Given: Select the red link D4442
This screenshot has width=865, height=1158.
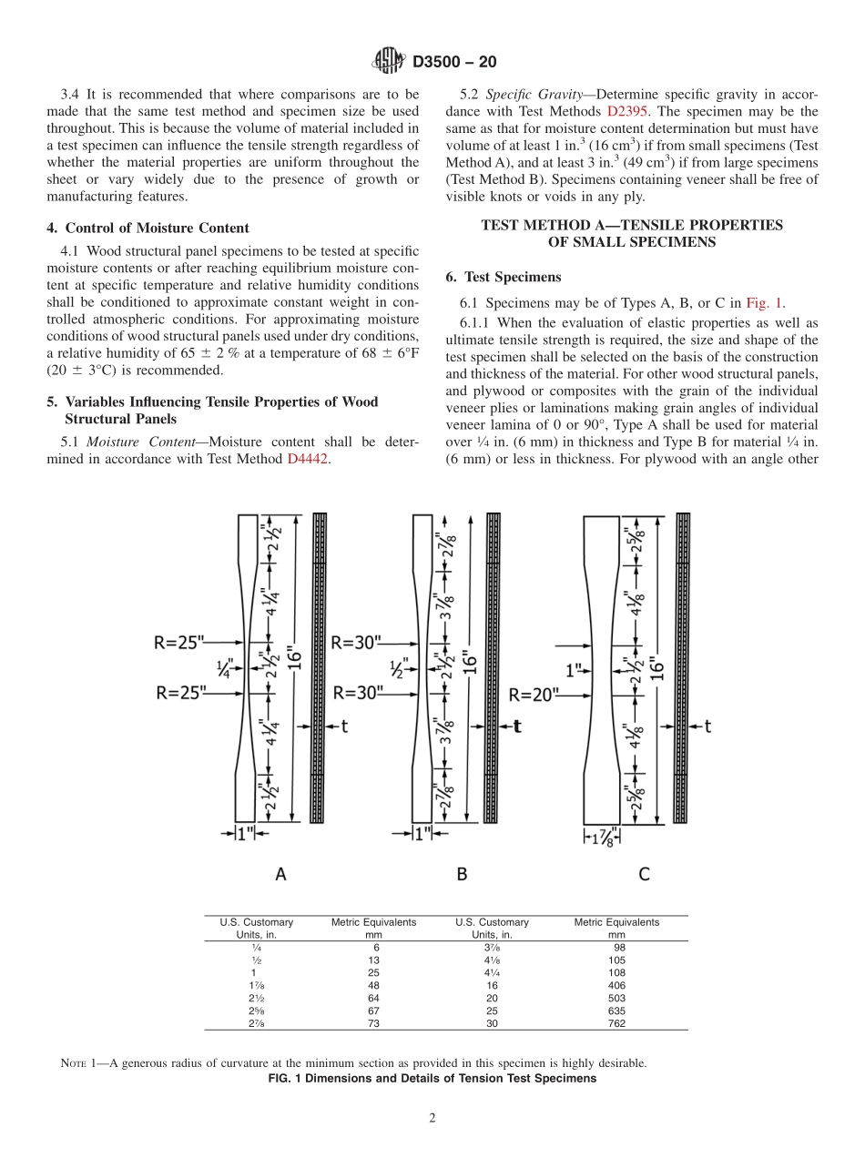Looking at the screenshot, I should (x=308, y=459).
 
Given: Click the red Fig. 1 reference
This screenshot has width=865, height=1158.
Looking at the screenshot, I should (x=765, y=303).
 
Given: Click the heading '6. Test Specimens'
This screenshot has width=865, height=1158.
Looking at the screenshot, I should (x=504, y=277).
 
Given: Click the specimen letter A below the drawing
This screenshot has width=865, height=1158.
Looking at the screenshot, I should (x=280, y=874).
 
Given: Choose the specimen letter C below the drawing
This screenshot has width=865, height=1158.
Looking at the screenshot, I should (x=644, y=874).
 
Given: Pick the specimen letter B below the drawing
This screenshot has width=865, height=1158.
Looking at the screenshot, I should (x=462, y=874).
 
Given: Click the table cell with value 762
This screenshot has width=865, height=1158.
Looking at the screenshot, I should (x=616, y=1023).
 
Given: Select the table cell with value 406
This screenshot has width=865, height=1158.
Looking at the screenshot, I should (x=616, y=985).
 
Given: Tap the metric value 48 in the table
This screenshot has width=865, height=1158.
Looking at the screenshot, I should (x=373, y=985).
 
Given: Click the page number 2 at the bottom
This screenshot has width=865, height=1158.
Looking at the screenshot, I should (x=432, y=1119).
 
